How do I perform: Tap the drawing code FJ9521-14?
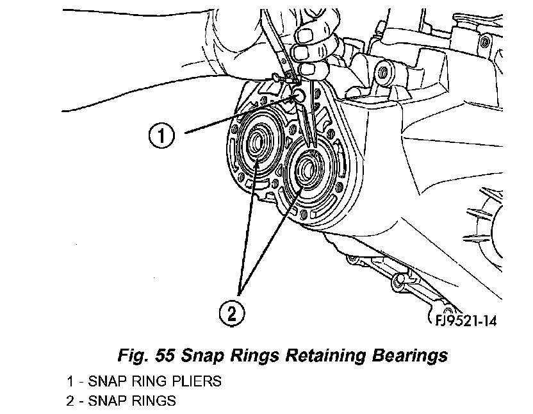pyautogui.click(x=463, y=319)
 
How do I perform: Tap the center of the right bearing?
pyautogui.click(x=306, y=169)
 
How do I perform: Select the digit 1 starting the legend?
pyautogui.click(x=69, y=381)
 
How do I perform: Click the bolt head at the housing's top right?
pyautogui.click(x=382, y=75)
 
